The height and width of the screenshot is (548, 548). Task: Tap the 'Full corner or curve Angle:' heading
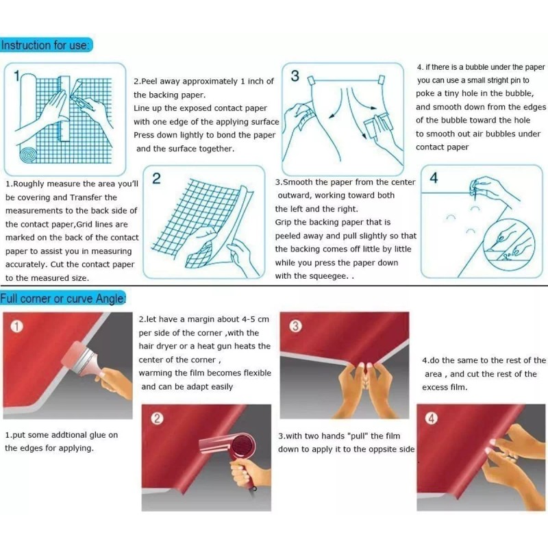62,298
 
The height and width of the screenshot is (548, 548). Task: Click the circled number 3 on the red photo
295,327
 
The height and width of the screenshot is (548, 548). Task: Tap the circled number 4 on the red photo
432,419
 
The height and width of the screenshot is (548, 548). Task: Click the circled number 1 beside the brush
17,326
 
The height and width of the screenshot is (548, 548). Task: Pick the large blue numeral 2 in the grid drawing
156,179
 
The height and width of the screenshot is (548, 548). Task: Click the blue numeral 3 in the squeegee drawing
295,76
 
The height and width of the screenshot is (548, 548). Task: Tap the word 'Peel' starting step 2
149,81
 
